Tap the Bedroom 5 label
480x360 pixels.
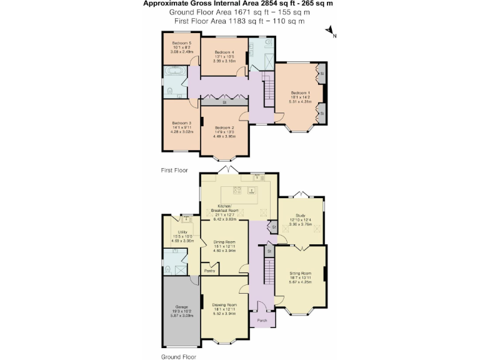(x=182, y=43)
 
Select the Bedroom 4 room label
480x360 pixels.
(x=224, y=52)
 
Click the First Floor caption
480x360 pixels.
(x=174, y=170)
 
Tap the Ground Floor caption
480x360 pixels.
(x=179, y=356)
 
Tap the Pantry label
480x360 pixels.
(x=210, y=271)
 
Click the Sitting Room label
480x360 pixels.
(x=300, y=273)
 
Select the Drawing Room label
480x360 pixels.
(x=224, y=305)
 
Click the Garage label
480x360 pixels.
(x=181, y=307)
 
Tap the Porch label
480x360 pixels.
(x=262, y=320)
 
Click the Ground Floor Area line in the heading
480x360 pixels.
(x=240, y=12)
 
